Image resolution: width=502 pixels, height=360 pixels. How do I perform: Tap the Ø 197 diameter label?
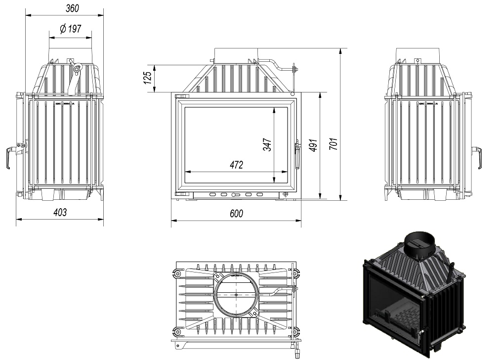[70, 29]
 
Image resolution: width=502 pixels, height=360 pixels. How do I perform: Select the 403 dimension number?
[60, 212]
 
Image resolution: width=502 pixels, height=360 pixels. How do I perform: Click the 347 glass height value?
[267, 144]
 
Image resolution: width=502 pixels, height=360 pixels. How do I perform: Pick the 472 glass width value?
[236, 165]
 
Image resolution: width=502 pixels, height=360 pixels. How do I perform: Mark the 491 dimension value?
[313, 144]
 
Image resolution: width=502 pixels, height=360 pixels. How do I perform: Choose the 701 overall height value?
[334, 144]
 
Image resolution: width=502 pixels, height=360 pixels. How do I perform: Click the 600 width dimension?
[236, 213]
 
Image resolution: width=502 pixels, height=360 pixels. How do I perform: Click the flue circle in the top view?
[236, 294]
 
